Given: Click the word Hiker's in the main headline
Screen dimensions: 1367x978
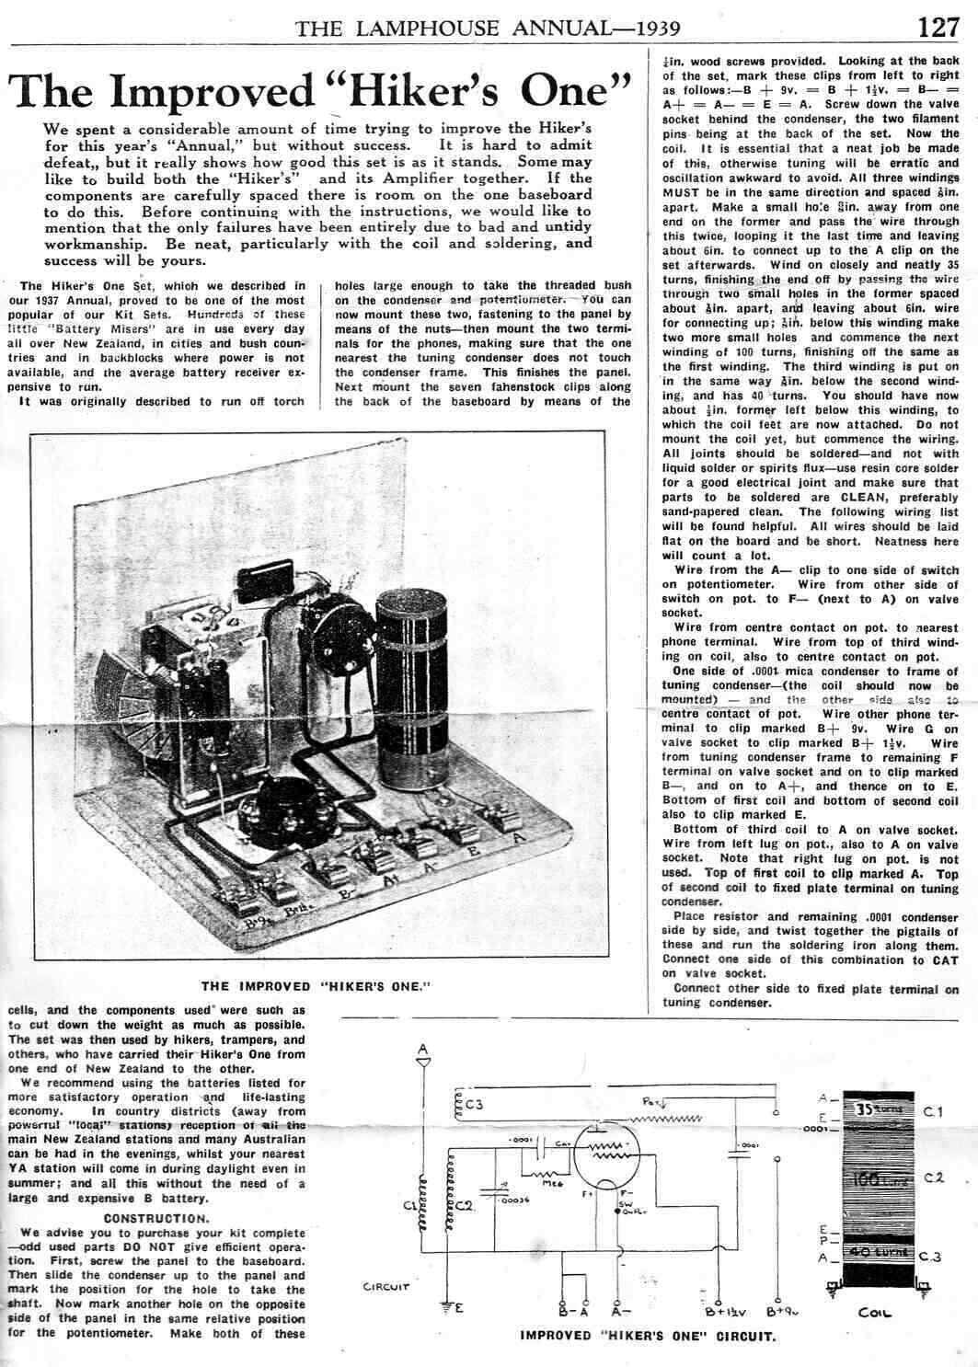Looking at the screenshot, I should (441, 92).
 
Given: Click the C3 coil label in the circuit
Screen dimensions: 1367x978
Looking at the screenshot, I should (474, 1104).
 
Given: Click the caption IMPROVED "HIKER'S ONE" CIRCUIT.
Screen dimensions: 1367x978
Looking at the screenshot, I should (648, 1336).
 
